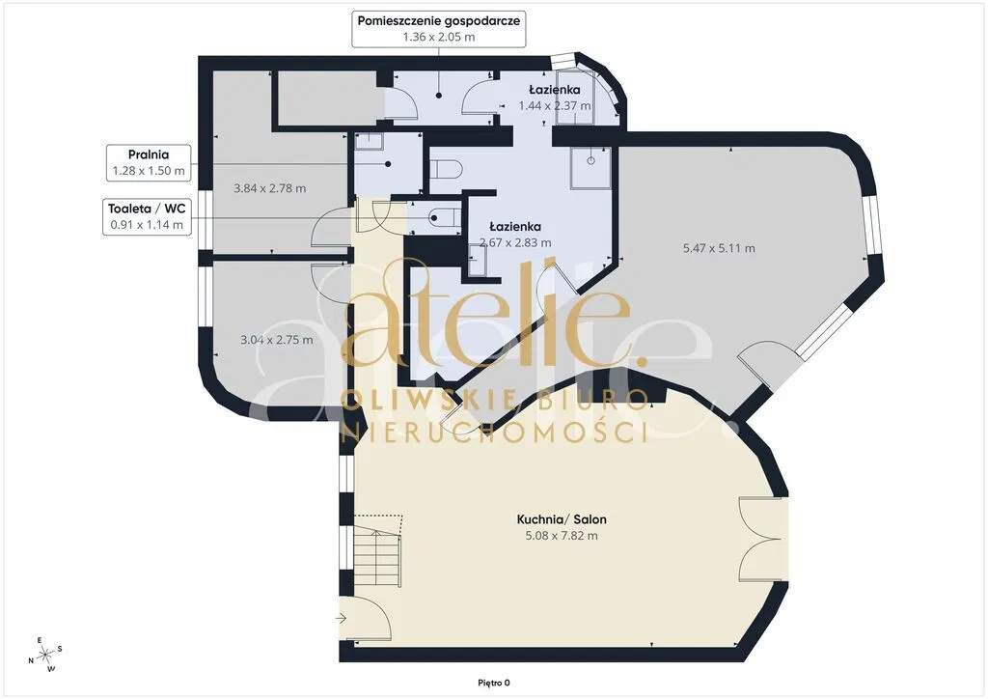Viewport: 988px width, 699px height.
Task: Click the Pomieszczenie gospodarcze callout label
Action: point(439,28)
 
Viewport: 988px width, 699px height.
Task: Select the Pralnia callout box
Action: point(149,162)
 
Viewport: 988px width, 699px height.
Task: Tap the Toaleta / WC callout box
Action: point(147,216)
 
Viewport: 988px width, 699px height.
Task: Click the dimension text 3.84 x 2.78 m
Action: point(270,188)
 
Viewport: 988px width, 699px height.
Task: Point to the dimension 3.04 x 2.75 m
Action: point(277,340)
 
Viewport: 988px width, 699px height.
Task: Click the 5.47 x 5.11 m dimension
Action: point(719,248)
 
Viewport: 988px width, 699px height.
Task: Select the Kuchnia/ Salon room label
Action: point(562,519)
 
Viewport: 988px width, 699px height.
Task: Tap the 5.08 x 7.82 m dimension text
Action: point(562,536)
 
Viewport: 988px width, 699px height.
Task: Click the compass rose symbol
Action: point(45,655)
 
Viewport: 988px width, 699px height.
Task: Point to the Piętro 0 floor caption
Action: point(493,683)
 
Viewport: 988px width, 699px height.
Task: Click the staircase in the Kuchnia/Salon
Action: point(375,554)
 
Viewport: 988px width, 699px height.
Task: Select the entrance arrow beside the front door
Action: point(341,618)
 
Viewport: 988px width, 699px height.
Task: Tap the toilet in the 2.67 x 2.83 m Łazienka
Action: point(446,169)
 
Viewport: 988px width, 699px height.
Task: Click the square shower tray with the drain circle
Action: point(590,169)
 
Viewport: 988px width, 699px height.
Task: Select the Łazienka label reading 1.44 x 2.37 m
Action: point(555,98)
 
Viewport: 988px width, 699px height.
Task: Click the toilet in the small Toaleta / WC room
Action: point(443,218)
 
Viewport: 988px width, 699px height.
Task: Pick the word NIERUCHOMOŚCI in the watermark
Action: point(494,433)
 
